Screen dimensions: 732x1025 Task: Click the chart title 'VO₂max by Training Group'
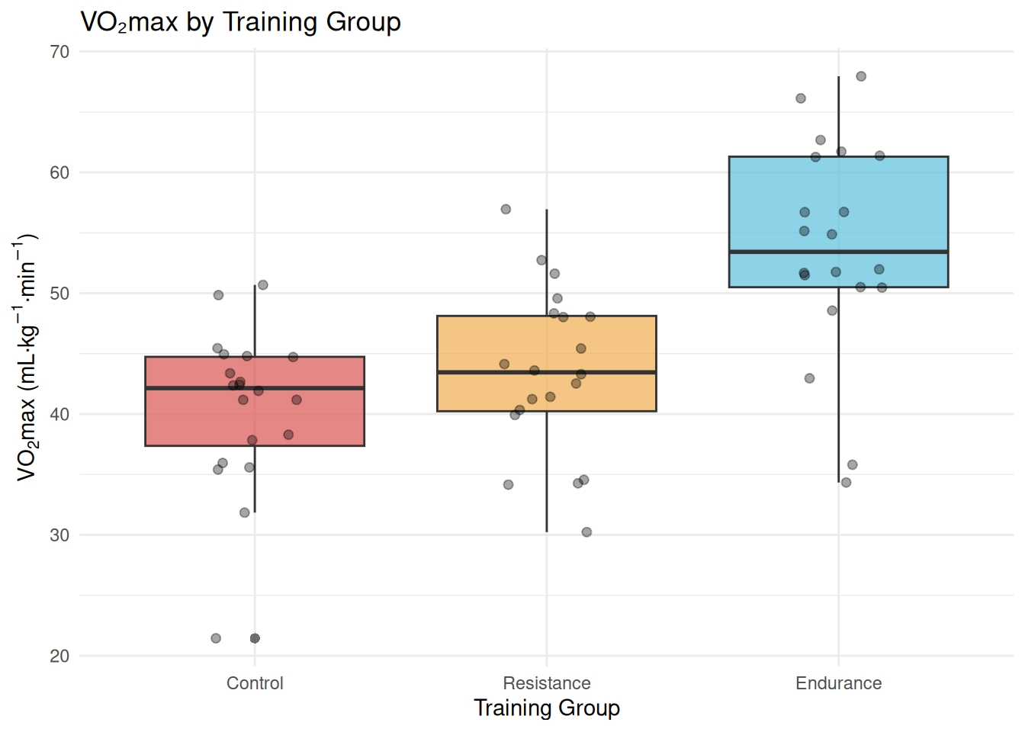click(240, 22)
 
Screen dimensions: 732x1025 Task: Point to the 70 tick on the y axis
click(59, 52)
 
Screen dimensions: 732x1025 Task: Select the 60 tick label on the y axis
click(59, 172)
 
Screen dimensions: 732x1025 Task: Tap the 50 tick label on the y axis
click(59, 294)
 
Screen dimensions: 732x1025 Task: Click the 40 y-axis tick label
click(59, 414)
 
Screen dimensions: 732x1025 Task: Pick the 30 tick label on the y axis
click(59, 535)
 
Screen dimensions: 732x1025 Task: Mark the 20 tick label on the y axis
click(59, 656)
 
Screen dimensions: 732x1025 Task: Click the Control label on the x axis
click(255, 683)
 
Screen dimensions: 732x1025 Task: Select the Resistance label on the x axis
click(547, 683)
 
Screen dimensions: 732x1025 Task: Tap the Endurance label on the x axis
click(838, 683)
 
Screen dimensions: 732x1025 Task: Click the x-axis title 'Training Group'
click(547, 708)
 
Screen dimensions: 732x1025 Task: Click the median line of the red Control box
click(255, 388)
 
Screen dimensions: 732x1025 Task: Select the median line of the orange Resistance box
click(547, 372)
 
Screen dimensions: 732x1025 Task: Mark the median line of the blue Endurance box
click(838, 252)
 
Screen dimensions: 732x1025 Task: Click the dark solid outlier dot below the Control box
click(255, 638)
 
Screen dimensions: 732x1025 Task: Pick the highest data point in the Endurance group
click(861, 76)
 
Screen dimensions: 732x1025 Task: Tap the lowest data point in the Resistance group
click(586, 532)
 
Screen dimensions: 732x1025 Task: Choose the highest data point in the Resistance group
click(506, 209)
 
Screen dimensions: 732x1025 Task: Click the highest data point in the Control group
click(263, 285)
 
